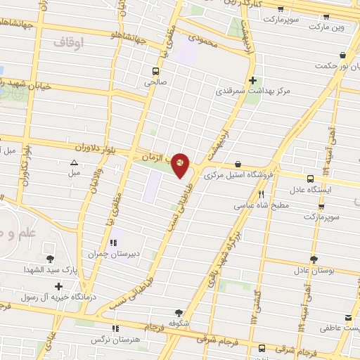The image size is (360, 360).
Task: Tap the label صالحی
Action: pos(155,82)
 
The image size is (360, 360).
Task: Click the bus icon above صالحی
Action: pos(156,71)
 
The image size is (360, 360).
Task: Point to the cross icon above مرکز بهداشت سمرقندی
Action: pos(252,80)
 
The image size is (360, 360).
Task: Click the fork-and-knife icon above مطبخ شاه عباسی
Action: pos(261,195)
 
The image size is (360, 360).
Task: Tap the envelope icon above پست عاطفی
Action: pos(347,318)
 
